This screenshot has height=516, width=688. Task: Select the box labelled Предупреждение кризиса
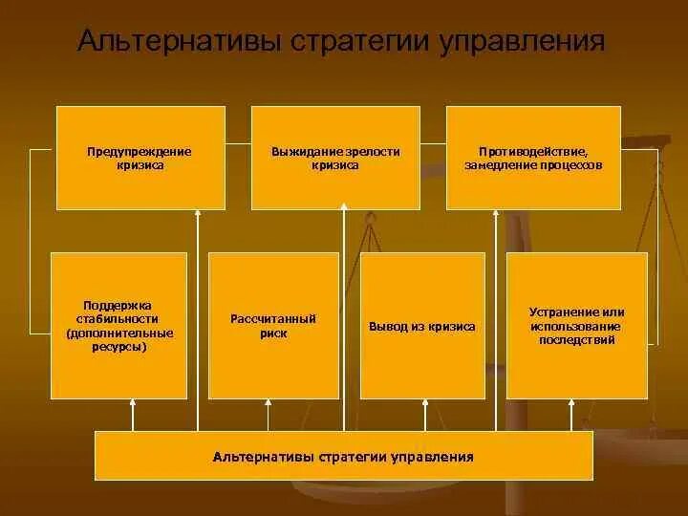pyautogui.click(x=140, y=158)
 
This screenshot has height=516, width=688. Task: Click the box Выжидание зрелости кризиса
pyautogui.click(x=334, y=158)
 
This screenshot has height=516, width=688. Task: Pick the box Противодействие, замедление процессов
pyautogui.click(x=533, y=158)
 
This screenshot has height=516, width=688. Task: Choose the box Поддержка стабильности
pyautogui.click(x=119, y=325)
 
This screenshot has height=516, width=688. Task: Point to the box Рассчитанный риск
pyautogui.click(x=273, y=325)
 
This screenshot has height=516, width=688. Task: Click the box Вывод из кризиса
pyautogui.click(x=421, y=325)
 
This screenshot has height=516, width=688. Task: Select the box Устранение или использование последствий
pyautogui.click(x=576, y=325)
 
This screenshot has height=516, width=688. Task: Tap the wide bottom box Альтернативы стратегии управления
pyautogui.click(x=343, y=456)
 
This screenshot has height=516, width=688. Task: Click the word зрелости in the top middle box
pyautogui.click(x=365, y=152)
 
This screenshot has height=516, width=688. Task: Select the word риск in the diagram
pyautogui.click(x=273, y=334)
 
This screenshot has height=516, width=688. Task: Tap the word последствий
pyautogui.click(x=576, y=339)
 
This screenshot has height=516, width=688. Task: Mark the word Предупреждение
pyautogui.click(x=140, y=152)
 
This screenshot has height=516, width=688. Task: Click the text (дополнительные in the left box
pyautogui.click(x=119, y=333)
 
